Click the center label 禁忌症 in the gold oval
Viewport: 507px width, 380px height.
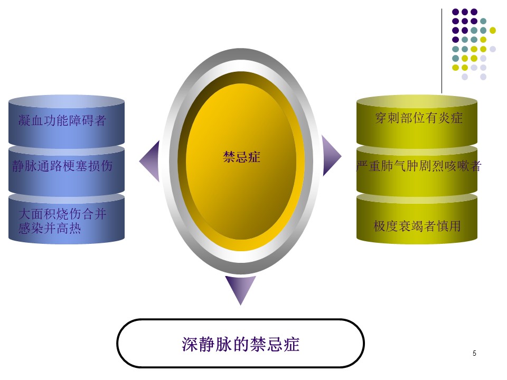(241, 157)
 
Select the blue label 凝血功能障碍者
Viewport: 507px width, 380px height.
(62, 120)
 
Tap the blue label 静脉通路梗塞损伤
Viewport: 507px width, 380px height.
(62, 166)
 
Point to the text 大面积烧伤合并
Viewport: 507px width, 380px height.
(62, 214)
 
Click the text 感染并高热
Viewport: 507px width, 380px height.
(50, 228)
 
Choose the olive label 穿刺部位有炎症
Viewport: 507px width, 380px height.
(419, 118)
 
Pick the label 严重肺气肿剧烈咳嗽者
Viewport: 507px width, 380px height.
(419, 166)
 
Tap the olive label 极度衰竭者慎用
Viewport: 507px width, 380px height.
(417, 226)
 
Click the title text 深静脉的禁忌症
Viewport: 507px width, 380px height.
(241, 344)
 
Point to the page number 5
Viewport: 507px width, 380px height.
(474, 353)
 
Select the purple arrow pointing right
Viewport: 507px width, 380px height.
(332, 156)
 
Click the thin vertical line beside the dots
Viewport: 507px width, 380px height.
(442, 51)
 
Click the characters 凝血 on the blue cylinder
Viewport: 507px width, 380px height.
(31, 120)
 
